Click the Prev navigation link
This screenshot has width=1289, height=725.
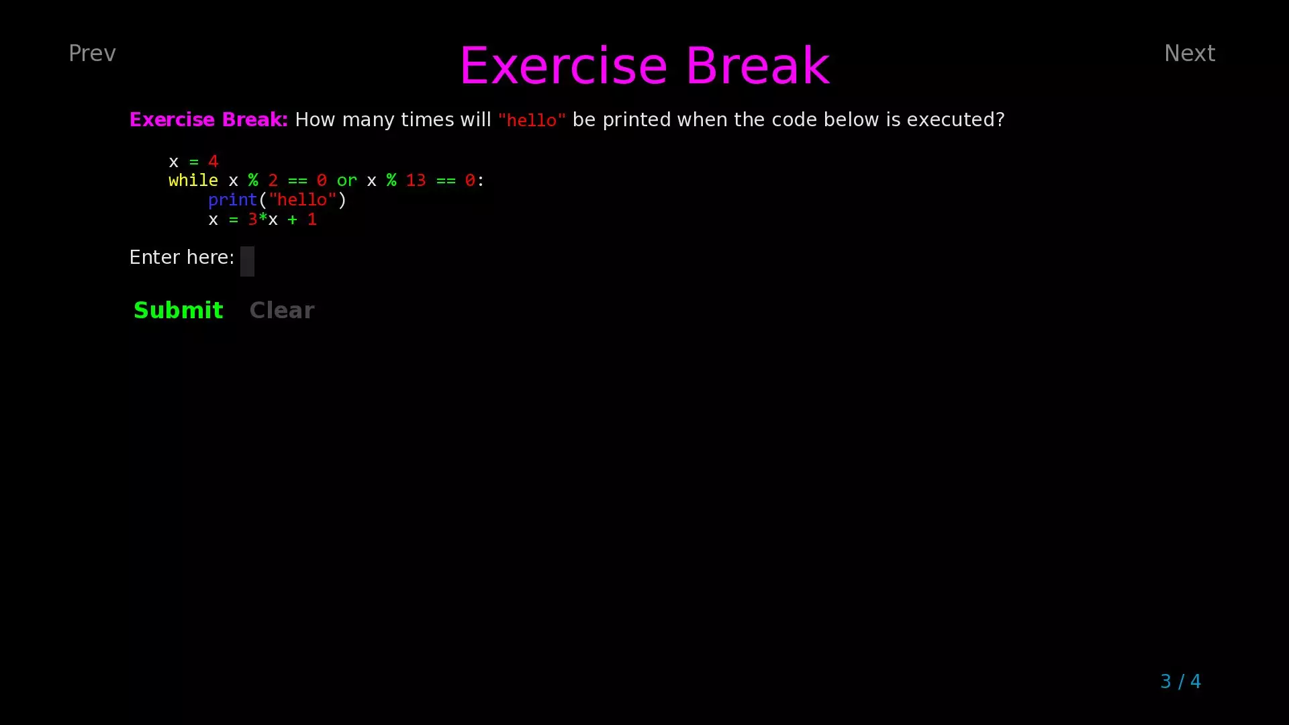coord(92,54)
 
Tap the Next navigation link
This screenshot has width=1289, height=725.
coord(1189,54)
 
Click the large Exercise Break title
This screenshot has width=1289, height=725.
coord(644,66)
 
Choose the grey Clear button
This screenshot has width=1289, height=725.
coord(281,310)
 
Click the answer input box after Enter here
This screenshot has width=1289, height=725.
coord(247,261)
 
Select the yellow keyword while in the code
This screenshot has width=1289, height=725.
coord(193,181)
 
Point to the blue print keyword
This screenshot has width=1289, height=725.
coord(232,200)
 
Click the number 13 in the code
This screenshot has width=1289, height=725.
coord(416,181)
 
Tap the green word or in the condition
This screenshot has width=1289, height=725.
coord(346,181)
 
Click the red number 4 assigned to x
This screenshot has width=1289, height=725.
coord(213,162)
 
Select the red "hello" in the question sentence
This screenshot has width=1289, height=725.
coord(532,121)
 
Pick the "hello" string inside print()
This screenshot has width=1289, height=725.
coord(301,200)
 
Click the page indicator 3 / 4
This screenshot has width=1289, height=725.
coord(1180,681)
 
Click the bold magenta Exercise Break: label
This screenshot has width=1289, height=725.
coord(208,120)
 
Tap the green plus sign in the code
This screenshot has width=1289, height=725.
coord(292,220)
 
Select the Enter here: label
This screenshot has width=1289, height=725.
coord(181,258)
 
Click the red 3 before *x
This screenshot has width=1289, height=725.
coord(252,220)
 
